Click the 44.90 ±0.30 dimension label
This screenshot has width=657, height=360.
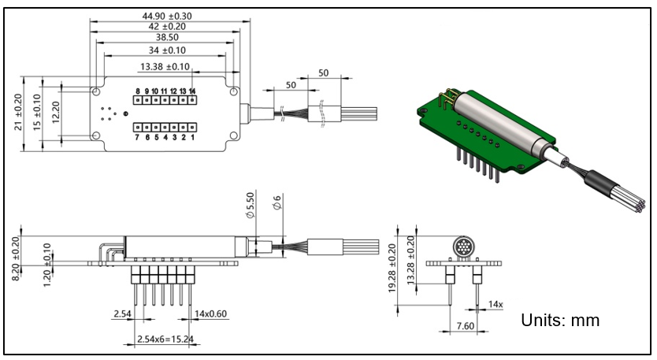(x=166, y=15)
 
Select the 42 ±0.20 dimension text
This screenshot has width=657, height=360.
(x=166, y=27)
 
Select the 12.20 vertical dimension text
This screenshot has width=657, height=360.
(x=54, y=112)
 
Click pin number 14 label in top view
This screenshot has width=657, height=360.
(x=192, y=91)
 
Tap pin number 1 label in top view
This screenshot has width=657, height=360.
(x=192, y=138)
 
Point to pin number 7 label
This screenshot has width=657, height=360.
(x=137, y=138)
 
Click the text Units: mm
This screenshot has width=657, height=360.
(x=560, y=321)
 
